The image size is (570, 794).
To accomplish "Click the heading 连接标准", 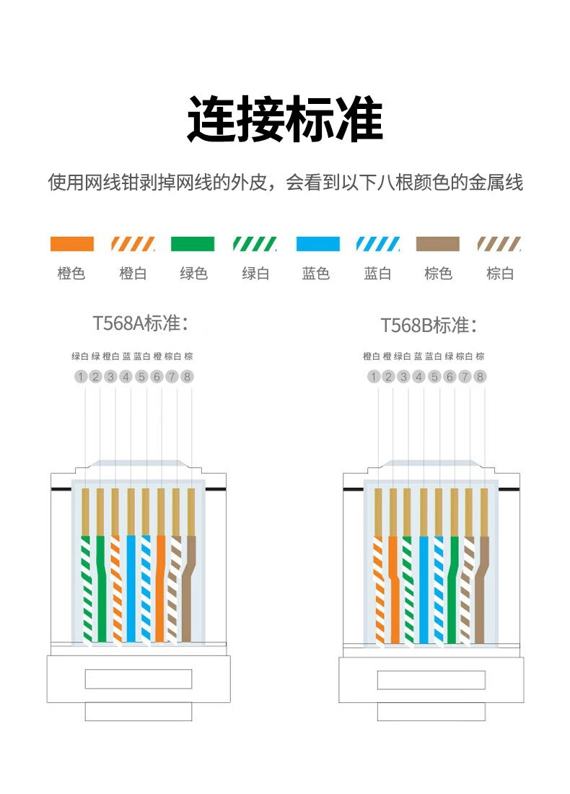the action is pyautogui.click(x=285, y=119).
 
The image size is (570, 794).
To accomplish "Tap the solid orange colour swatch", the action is pyautogui.click(x=72, y=243).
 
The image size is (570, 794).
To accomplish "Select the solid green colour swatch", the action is pyautogui.click(x=193, y=243).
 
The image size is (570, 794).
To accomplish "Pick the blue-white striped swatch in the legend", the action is pyautogui.click(x=377, y=243).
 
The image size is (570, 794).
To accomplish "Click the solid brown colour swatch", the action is pyautogui.click(x=438, y=243).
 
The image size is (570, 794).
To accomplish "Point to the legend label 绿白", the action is pyautogui.click(x=255, y=274).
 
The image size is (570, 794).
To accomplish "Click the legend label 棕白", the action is pyautogui.click(x=500, y=274).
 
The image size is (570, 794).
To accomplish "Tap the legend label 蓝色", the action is pyautogui.click(x=316, y=274).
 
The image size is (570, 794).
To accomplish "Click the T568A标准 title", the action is pyautogui.click(x=141, y=323).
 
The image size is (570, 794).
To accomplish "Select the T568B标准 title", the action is pyautogui.click(x=429, y=325).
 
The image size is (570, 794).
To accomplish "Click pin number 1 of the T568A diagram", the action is pyautogui.click(x=81, y=377).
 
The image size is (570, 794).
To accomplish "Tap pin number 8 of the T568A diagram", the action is pyautogui.click(x=188, y=377).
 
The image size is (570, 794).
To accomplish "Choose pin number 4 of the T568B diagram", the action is pyautogui.click(x=418, y=377).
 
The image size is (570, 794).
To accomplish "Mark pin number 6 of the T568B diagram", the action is pyautogui.click(x=450, y=377).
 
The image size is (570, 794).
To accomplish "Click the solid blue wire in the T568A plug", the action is pyautogui.click(x=131, y=589).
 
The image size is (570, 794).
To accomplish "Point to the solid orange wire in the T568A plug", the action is pyautogui.click(x=160, y=589).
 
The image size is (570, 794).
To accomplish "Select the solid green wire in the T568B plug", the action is pyautogui.click(x=453, y=590).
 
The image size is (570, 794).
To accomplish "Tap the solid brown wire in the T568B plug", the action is pyautogui.click(x=482, y=590).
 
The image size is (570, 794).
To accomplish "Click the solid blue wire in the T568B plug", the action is pyautogui.click(x=424, y=590).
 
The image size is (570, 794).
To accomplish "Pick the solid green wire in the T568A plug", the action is pyautogui.click(x=101, y=589).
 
